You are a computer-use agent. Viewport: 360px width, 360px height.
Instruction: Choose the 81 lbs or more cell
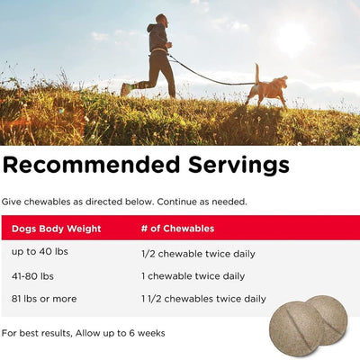tap(43, 299)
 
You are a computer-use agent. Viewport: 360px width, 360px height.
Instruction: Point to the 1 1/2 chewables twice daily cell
tap(203, 299)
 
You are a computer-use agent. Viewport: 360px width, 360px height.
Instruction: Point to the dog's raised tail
tap(256, 72)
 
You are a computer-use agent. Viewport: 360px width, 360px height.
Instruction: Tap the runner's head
tap(159, 19)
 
